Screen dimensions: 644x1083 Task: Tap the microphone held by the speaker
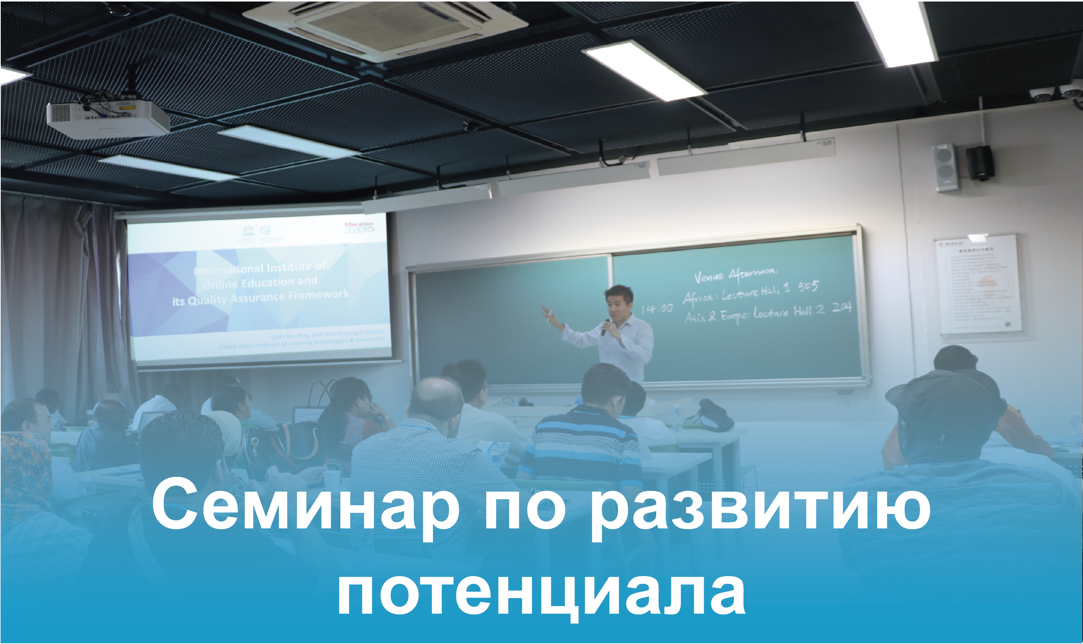(606, 327)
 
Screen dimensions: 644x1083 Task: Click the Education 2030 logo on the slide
(359, 227)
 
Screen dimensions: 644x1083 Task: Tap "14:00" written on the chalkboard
(657, 309)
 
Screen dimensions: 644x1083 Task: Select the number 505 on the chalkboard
(808, 286)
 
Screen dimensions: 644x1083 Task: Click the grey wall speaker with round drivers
(945, 167)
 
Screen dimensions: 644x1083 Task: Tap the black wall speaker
(980, 163)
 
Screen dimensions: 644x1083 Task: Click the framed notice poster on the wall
(978, 284)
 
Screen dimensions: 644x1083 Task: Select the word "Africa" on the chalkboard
(697, 297)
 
